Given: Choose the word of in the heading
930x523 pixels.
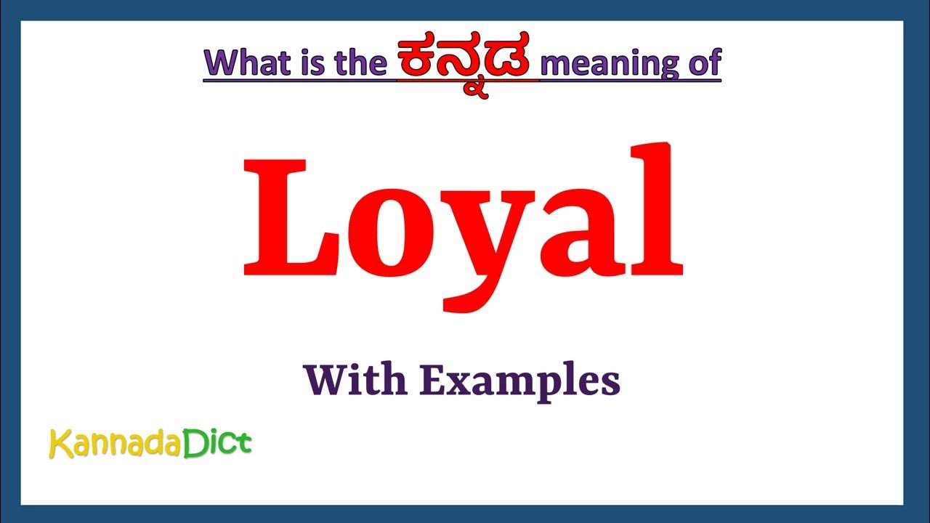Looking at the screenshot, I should pyautogui.click(x=703, y=63).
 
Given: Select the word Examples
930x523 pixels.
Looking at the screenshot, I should pyautogui.click(x=519, y=381).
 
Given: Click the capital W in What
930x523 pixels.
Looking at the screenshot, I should pyautogui.click(x=222, y=63).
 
